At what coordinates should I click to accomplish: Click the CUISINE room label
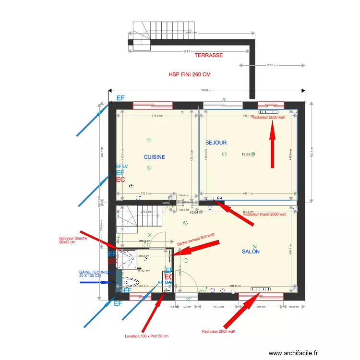tap(154, 157)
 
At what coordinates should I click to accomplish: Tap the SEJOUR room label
tap(216, 143)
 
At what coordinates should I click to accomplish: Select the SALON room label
tap(251, 252)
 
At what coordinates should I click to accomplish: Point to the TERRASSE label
tap(208, 56)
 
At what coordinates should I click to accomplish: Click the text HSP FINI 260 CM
tap(189, 75)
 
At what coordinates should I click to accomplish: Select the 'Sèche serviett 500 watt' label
tap(195, 239)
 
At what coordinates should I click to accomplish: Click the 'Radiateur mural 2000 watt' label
tap(264, 215)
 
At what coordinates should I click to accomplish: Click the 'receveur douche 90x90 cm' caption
tap(72, 240)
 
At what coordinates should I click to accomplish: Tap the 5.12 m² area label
tap(144, 271)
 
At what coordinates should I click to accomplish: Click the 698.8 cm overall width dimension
tap(207, 90)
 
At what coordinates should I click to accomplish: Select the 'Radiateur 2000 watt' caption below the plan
tap(218, 331)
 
